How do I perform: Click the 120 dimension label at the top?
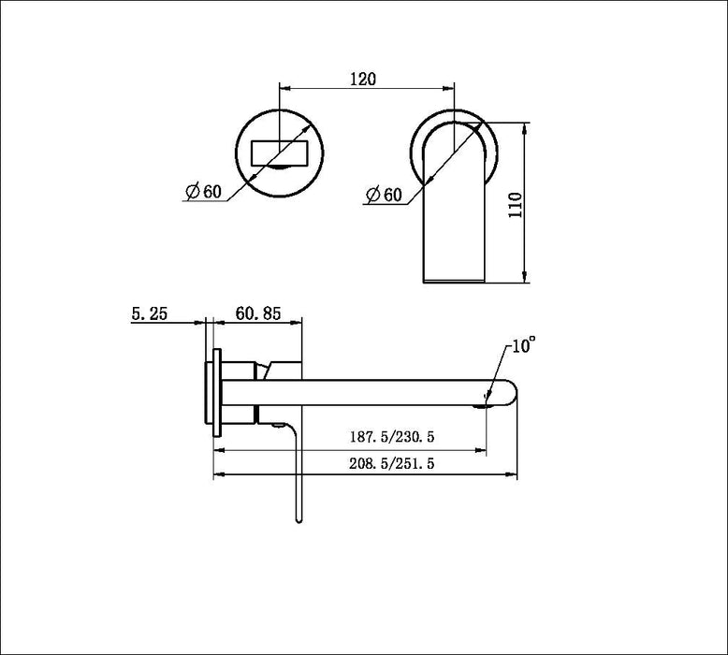(x=363, y=80)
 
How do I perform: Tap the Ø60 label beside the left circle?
(x=203, y=191)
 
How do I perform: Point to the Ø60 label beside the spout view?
(x=384, y=195)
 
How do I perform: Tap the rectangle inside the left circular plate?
(x=281, y=152)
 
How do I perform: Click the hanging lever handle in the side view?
(x=298, y=477)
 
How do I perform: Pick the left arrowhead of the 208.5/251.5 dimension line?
(x=220, y=475)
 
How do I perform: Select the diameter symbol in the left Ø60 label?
(x=190, y=192)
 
